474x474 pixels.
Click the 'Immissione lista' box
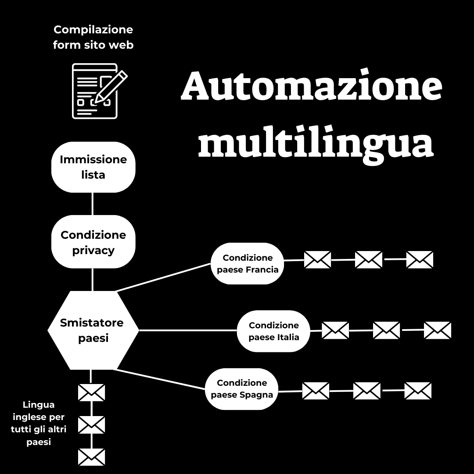93,167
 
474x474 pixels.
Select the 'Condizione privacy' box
93,242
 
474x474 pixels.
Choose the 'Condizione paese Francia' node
248,263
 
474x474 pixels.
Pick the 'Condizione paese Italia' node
274,331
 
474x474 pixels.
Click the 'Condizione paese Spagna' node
242,389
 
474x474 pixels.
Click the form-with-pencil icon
97,91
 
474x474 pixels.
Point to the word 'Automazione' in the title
311,86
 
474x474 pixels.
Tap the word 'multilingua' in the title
316,144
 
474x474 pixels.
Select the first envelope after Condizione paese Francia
317,260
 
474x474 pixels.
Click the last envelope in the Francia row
420,259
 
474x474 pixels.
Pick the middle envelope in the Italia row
386,330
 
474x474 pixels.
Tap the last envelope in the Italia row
438,330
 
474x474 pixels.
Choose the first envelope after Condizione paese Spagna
316,391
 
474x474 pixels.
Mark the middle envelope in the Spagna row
367,391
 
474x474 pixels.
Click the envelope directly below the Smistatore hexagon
91,392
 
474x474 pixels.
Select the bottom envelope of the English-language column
91,457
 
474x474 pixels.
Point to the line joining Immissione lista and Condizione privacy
93,204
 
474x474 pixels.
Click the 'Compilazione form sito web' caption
93,37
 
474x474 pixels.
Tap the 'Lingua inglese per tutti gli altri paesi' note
39,424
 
